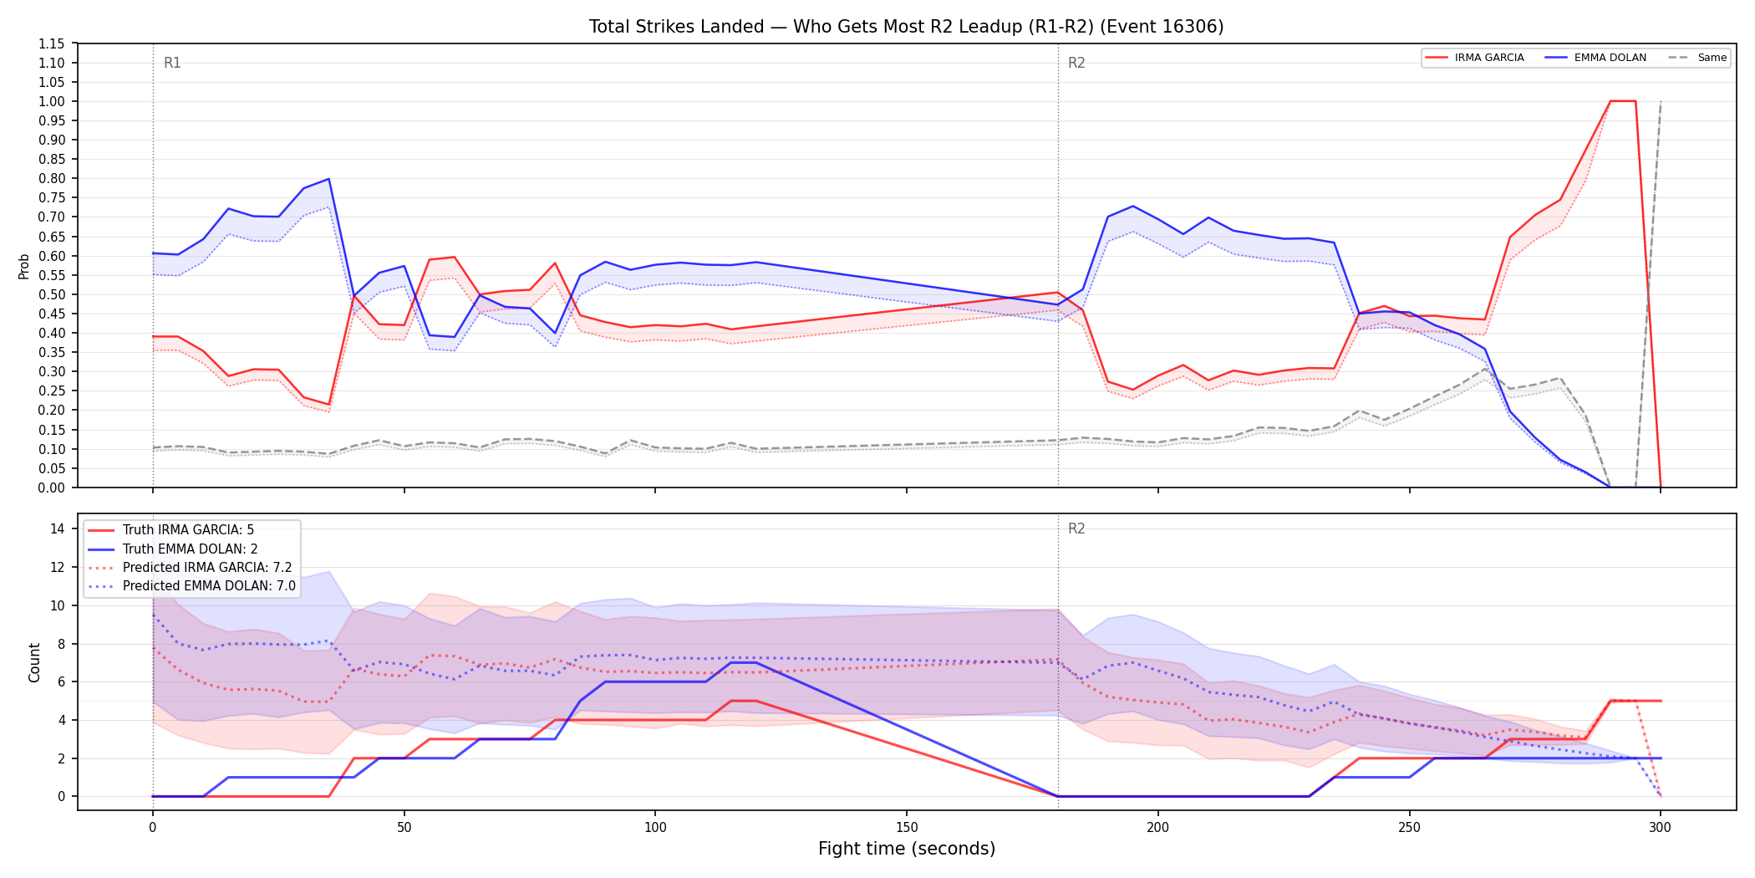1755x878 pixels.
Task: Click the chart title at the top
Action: [x=906, y=27]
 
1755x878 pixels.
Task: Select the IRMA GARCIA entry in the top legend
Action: [x=1475, y=58]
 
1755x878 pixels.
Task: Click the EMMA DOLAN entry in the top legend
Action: [x=1596, y=58]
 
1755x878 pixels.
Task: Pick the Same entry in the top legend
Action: [x=1697, y=58]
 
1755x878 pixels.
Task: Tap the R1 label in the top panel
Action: [x=172, y=63]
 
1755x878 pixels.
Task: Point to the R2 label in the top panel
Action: [x=1076, y=63]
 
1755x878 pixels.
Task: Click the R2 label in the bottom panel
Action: [x=1076, y=528]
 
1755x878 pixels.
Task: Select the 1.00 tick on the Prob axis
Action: [x=52, y=101]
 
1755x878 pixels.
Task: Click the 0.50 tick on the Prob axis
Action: [x=52, y=294]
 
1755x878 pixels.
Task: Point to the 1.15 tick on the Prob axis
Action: [x=52, y=43]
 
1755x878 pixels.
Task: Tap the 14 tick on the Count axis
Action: [x=58, y=528]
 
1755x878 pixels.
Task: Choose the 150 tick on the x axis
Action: [x=907, y=828]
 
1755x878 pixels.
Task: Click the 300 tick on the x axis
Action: [x=1661, y=828]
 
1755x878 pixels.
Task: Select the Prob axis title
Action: [x=24, y=266]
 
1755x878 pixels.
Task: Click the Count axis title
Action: [x=34, y=662]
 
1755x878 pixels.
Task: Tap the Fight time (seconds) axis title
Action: [x=907, y=849]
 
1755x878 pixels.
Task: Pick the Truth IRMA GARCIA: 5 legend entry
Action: [x=170, y=530]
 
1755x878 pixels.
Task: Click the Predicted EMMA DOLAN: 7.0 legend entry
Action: [x=191, y=586]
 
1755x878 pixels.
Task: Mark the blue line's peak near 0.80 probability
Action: [x=329, y=179]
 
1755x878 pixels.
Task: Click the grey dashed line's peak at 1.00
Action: [x=1661, y=101]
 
